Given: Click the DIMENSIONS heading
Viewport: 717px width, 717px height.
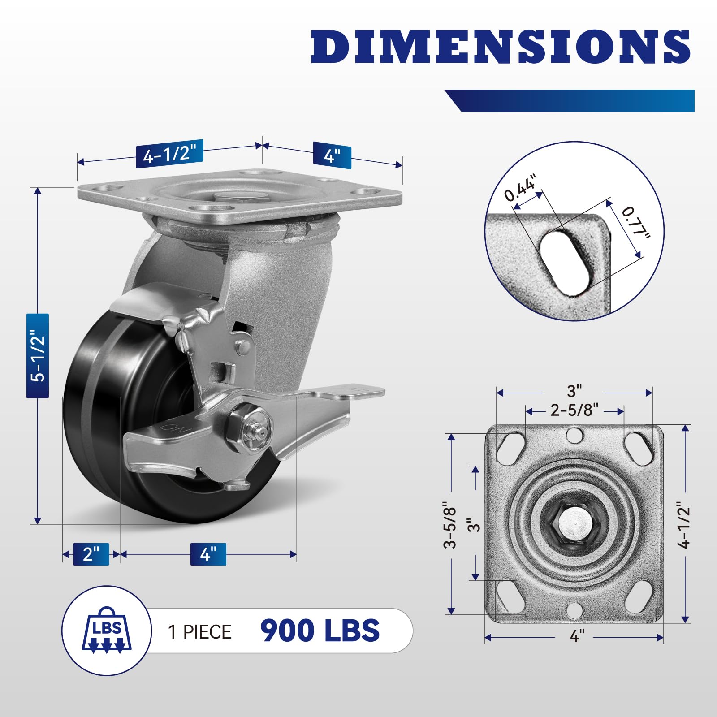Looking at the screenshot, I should click(x=501, y=47).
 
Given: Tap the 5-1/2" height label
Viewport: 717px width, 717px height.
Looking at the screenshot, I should click(x=38, y=356).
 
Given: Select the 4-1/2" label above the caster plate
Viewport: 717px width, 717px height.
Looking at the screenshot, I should click(x=169, y=154).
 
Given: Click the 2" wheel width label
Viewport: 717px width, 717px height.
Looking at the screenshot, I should click(x=91, y=554).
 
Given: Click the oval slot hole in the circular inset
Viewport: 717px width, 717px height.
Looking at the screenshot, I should click(x=564, y=262).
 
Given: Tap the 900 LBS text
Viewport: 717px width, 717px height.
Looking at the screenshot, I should click(x=320, y=631).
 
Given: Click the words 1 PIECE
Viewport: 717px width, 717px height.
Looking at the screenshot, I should click(x=199, y=632).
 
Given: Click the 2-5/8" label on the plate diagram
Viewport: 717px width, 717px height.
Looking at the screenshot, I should click(x=574, y=410).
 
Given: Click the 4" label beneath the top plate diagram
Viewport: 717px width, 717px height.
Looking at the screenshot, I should click(x=577, y=635).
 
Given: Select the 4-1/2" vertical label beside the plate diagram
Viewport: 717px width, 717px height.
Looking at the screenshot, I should click(x=684, y=524).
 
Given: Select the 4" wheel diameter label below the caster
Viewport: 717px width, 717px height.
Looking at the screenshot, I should click(x=208, y=554).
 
